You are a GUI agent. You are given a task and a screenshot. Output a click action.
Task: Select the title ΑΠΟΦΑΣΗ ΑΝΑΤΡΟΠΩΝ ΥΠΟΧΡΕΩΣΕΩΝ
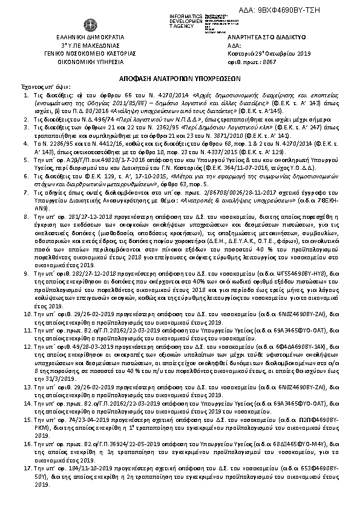pyautogui.click(x=180, y=79)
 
